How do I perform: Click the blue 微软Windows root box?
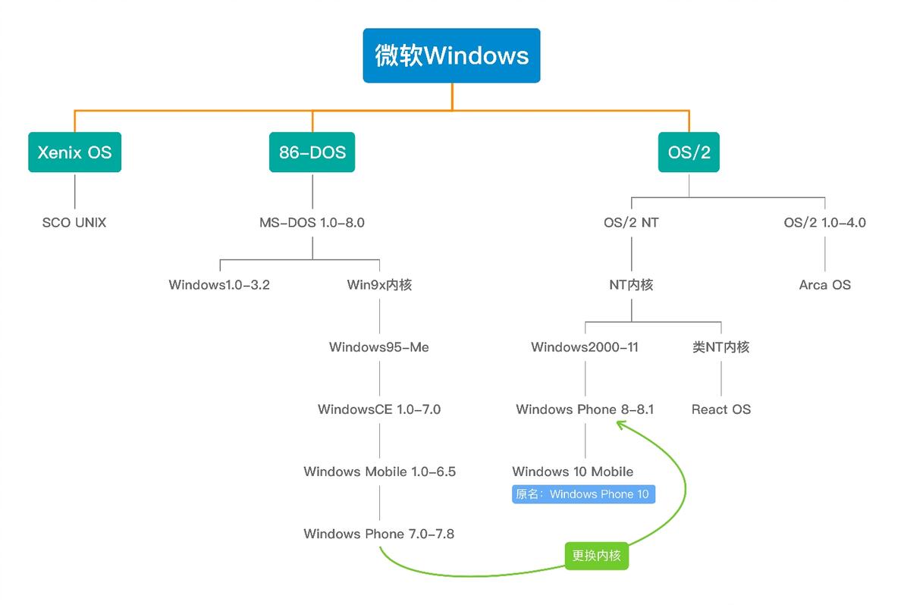tap(451, 55)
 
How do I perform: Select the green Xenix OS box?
tap(74, 152)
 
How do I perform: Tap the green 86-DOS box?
tap(312, 152)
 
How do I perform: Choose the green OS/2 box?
tap(689, 152)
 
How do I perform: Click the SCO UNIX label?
tap(74, 223)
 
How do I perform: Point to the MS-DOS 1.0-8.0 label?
tap(312, 223)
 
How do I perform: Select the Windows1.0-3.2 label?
tap(219, 285)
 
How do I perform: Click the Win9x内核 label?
tap(379, 285)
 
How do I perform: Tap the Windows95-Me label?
tap(378, 347)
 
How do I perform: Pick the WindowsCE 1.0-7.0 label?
tap(378, 409)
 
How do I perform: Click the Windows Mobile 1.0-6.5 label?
tap(379, 472)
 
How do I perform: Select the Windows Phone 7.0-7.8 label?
tap(378, 534)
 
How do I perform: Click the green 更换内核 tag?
tap(596, 556)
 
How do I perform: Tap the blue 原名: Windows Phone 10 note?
tap(583, 494)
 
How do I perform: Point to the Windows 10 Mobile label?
tap(573, 472)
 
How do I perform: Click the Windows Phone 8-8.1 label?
tap(585, 409)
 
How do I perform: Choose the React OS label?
tap(720, 409)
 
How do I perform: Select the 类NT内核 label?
tap(720, 347)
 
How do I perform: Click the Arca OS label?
tap(824, 285)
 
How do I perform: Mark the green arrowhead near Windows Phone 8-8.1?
tap(621, 425)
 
